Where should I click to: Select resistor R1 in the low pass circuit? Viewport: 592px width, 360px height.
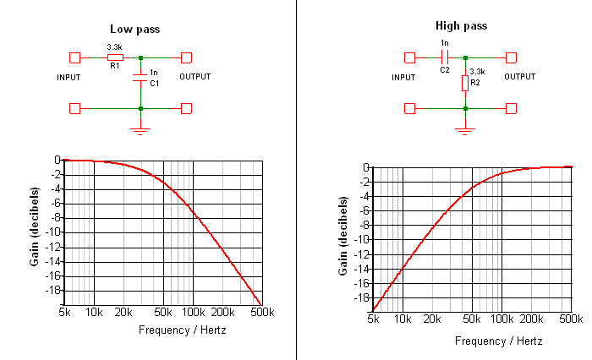pyautogui.click(x=115, y=57)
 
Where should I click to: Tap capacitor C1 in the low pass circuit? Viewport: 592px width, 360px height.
pyautogui.click(x=140, y=79)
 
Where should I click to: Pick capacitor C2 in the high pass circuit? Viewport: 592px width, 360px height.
pyautogui.click(x=445, y=57)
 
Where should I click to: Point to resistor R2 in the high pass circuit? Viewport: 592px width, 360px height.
pyautogui.click(x=465, y=83)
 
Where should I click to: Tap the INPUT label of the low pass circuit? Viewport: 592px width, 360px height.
pyautogui.click(x=69, y=77)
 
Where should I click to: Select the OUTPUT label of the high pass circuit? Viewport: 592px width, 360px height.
pyautogui.click(x=521, y=77)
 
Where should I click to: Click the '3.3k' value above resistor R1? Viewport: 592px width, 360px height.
pyautogui.click(x=114, y=47)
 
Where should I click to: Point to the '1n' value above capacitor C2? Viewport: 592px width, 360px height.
pyautogui.click(x=445, y=43)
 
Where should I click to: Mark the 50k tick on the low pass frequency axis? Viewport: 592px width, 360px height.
pyautogui.click(x=163, y=313)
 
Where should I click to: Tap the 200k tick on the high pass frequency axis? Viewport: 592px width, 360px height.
pyautogui.click(x=531, y=320)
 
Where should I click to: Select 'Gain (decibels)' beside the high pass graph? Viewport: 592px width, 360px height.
pyautogui.click(x=344, y=236)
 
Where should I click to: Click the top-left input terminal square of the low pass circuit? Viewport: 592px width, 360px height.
pyautogui.click(x=75, y=57)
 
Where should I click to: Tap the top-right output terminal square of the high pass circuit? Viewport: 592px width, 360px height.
pyautogui.click(x=511, y=57)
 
